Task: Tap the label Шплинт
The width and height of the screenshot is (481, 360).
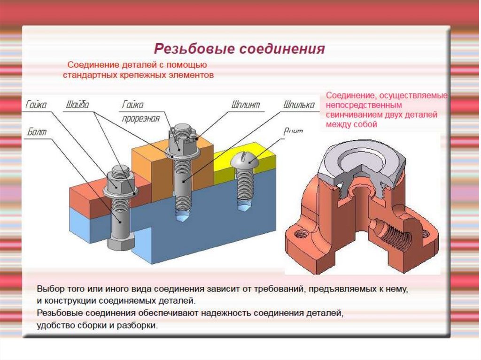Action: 246,104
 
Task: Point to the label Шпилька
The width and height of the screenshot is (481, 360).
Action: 299,104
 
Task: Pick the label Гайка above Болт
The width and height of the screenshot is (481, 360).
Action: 36,104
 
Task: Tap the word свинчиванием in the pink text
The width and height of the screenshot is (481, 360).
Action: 354,115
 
